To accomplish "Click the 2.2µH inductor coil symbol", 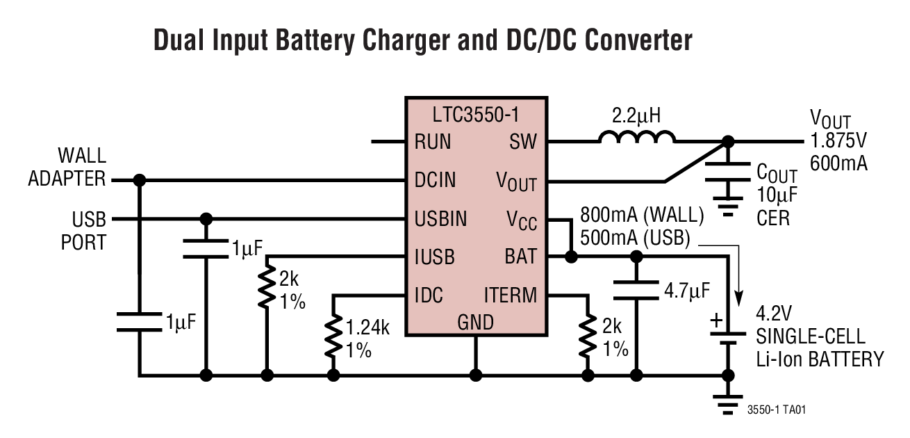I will (636, 138).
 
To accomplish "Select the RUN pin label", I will (432, 142).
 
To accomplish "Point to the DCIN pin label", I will (436, 180).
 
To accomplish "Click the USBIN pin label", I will (440, 219).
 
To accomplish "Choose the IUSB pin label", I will (434, 257).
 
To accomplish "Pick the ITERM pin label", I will (510, 295).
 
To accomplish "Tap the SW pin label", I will (523, 142).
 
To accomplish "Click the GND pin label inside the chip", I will (476, 323).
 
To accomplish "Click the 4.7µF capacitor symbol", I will (636, 290).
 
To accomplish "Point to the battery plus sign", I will (715, 321).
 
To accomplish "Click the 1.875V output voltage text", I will (838, 142).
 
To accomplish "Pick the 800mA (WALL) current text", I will (642, 216).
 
